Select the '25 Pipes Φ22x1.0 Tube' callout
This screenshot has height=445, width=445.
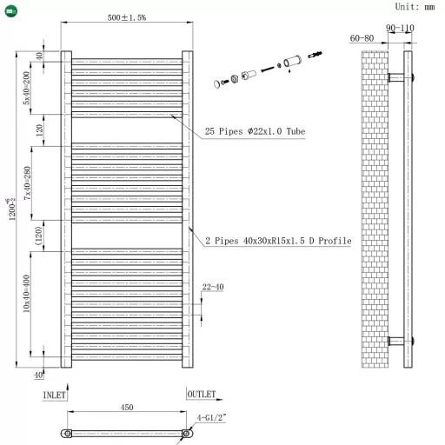(x=255, y=131)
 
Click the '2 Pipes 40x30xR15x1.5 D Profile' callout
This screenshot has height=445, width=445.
(x=277, y=241)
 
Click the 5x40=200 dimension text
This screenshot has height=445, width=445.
(x=29, y=87)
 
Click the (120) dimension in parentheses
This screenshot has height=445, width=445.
(x=39, y=235)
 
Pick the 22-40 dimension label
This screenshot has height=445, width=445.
(x=212, y=288)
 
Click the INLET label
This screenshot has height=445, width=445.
(x=55, y=395)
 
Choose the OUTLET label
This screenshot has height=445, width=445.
(x=202, y=395)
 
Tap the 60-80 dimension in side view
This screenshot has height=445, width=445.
(x=362, y=38)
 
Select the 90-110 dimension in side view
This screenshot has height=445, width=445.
(x=401, y=28)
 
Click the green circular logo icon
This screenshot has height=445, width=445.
(x=10, y=8)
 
